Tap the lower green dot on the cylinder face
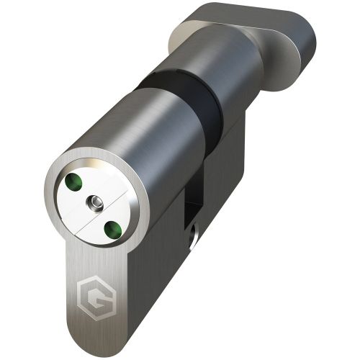tap(111, 229)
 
